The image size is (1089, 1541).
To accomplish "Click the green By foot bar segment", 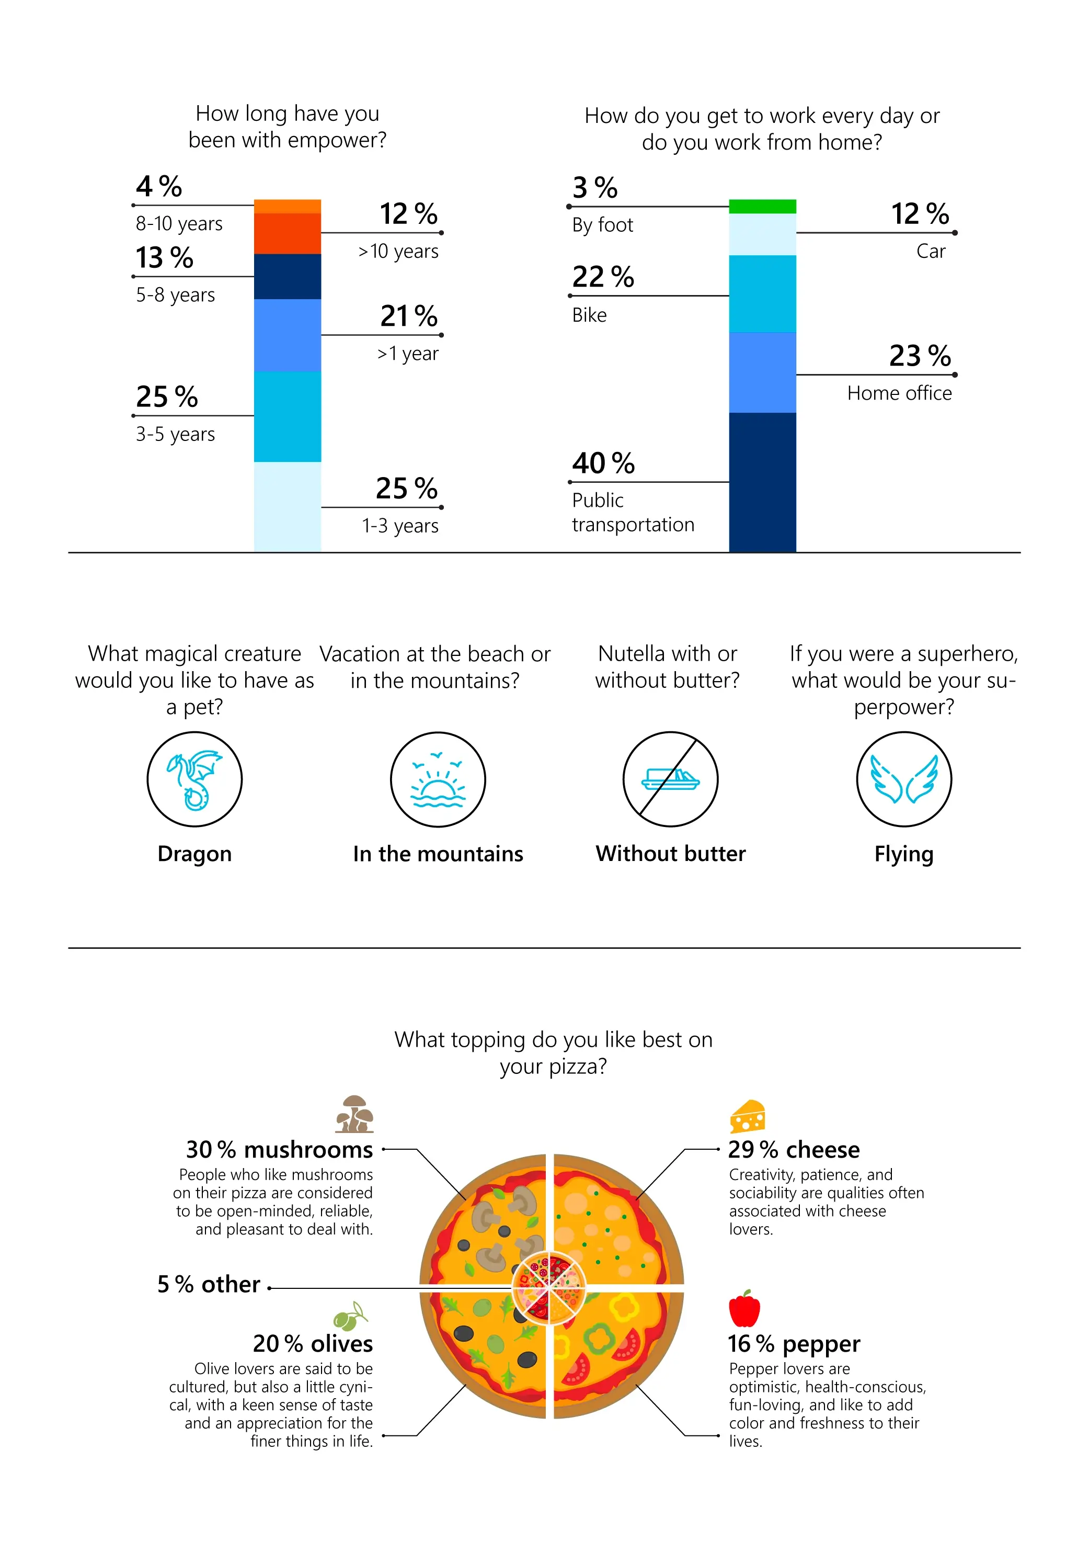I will (x=762, y=206).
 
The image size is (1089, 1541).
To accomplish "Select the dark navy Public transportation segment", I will (x=762, y=482).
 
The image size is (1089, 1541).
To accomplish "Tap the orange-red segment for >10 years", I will (x=287, y=233).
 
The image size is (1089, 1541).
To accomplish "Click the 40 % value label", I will (x=603, y=463).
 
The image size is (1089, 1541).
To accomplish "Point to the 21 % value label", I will (x=409, y=316).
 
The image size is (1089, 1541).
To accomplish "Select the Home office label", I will (x=899, y=393).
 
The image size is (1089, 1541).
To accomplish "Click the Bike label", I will (x=589, y=315).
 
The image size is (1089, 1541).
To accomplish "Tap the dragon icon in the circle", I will (x=194, y=779).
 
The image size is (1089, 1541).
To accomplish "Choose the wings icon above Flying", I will (x=904, y=779).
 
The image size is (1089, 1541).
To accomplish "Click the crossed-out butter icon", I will (x=670, y=779).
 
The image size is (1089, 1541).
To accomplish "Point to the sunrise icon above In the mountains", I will (x=438, y=779).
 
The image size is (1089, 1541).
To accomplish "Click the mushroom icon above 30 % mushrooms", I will (x=354, y=1114).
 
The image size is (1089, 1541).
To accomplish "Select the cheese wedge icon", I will (x=748, y=1117).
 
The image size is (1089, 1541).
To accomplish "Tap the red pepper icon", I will (x=744, y=1309).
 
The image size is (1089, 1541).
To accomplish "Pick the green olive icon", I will (x=350, y=1317).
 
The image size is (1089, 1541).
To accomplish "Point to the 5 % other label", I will (x=209, y=1285).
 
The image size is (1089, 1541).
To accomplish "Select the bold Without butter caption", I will (x=670, y=854).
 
